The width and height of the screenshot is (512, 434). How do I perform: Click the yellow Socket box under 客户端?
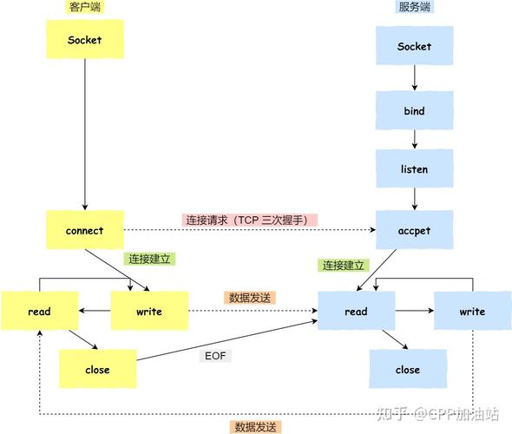click(84, 40)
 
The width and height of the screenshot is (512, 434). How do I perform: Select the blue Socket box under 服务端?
click(414, 46)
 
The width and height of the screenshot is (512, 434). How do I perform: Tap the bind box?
click(414, 112)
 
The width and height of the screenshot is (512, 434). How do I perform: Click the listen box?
click(414, 169)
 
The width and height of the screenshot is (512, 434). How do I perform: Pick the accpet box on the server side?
click(414, 231)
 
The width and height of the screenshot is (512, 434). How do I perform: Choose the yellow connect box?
click(84, 231)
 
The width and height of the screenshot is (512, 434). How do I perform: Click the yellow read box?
click(38, 312)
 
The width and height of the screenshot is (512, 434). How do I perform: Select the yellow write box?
click(149, 312)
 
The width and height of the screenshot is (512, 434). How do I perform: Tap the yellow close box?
click(97, 370)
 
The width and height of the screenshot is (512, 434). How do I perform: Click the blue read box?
click(356, 312)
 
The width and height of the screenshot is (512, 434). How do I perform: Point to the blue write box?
click(472, 312)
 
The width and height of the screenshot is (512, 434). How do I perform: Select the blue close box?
click(408, 370)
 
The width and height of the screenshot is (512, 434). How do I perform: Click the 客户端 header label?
click(85, 7)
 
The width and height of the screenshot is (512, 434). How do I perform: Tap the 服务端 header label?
click(414, 7)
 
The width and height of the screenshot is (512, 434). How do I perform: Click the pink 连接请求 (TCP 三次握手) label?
click(250, 220)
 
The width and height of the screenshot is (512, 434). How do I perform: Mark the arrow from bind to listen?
click(414, 140)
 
